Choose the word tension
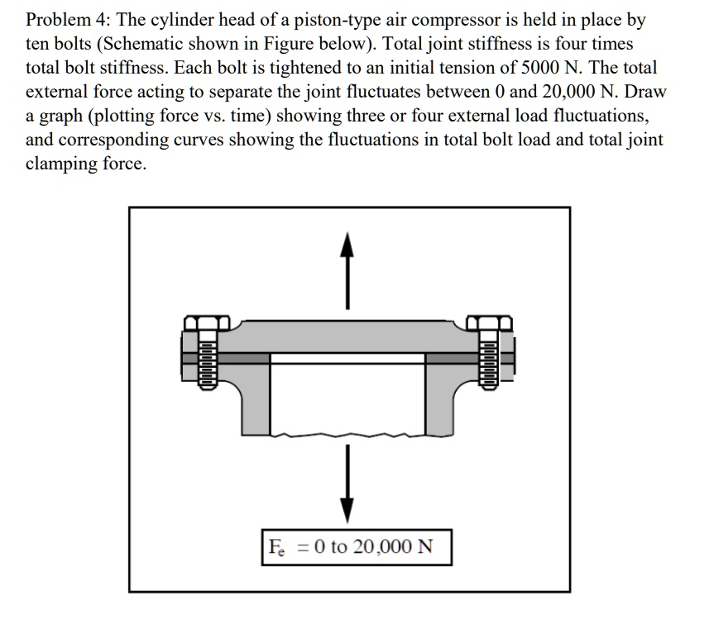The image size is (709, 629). (x=488, y=68)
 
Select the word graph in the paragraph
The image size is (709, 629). (x=57, y=116)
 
